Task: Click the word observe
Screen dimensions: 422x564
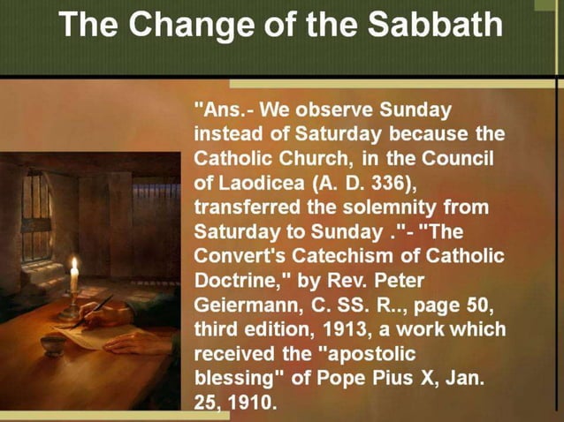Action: tap(335, 113)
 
